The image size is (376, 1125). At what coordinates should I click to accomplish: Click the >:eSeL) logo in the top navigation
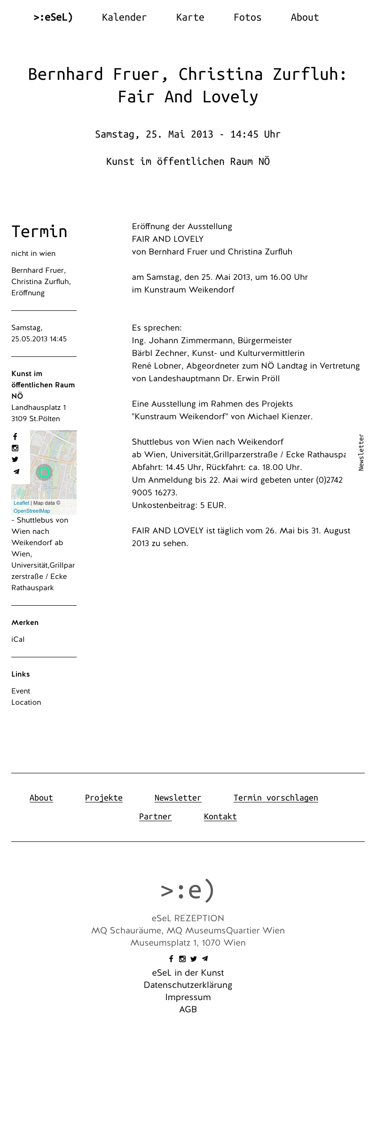click(x=53, y=17)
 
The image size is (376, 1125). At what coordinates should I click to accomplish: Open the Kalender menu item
click(x=124, y=17)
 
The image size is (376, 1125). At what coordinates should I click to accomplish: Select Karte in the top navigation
click(x=190, y=17)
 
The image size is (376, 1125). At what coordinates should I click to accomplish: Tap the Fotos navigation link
click(x=247, y=17)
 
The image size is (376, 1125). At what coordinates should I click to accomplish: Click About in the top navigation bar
click(x=305, y=17)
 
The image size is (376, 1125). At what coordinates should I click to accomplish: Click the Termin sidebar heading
click(x=39, y=231)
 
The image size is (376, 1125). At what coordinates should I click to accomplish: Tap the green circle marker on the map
click(x=44, y=472)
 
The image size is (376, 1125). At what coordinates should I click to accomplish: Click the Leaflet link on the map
click(x=21, y=503)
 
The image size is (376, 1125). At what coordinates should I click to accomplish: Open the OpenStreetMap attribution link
click(x=31, y=511)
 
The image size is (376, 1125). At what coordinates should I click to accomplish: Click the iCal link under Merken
click(x=18, y=640)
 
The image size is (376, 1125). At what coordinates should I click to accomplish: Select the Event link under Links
click(x=21, y=691)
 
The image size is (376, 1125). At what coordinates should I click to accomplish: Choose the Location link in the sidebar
click(x=26, y=702)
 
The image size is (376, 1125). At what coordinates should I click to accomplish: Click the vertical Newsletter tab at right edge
click(x=361, y=452)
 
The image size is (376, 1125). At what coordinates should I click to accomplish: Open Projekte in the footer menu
click(x=104, y=798)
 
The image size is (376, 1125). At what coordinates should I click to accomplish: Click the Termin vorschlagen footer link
click(x=276, y=798)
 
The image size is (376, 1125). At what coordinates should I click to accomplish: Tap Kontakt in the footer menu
click(x=220, y=817)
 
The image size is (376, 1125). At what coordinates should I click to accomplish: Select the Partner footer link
click(x=156, y=817)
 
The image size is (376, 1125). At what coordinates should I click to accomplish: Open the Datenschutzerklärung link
click(x=188, y=985)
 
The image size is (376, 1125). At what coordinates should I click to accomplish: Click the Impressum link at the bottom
click(x=188, y=997)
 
